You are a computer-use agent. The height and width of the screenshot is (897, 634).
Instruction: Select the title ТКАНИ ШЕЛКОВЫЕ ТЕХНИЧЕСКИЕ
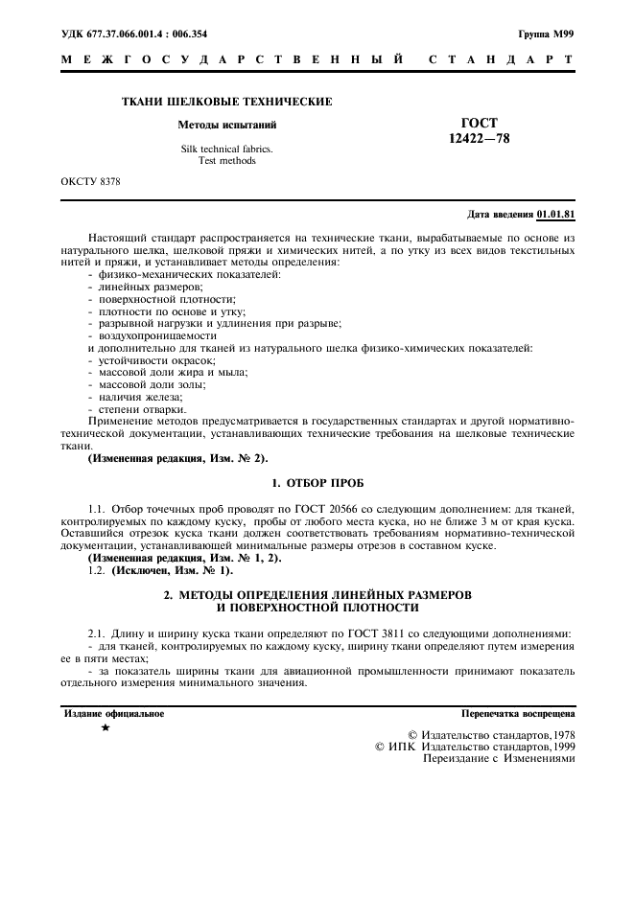[226, 102]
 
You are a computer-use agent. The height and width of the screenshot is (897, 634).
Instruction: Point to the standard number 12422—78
[480, 139]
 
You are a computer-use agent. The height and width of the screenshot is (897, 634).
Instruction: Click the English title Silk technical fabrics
[226, 149]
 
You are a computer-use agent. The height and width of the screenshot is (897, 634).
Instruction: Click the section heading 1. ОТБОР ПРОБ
[317, 481]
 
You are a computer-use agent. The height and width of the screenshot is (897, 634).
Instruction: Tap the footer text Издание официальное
[113, 714]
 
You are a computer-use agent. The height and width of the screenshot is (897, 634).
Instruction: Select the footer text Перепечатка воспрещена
[517, 714]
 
